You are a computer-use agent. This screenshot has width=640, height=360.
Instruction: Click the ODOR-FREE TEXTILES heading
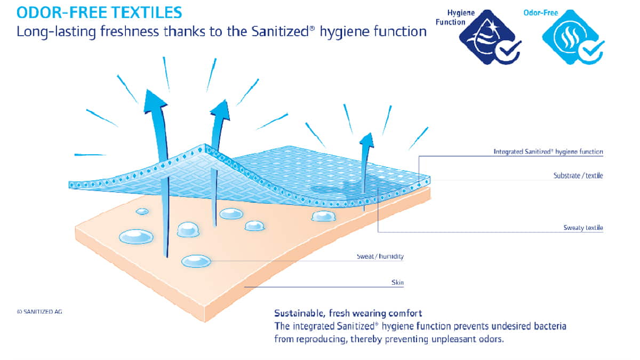pos(99,13)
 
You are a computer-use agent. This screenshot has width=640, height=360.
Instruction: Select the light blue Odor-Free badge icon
pos(573,37)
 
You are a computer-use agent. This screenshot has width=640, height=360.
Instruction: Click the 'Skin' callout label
pos(397,283)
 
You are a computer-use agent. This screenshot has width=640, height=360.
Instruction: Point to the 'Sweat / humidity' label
pos(380,257)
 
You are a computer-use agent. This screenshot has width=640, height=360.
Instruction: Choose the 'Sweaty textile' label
pos(583,228)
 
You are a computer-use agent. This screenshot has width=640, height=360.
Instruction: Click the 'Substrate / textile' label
pos(578,175)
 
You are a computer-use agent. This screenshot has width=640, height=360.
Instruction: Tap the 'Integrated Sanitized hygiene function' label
pos(548,151)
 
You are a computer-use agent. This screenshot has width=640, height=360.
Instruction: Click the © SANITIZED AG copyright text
pos(39,311)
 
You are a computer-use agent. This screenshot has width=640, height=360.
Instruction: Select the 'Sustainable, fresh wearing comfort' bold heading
pos(348,313)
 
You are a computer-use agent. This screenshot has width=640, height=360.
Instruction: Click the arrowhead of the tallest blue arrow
pos(155,101)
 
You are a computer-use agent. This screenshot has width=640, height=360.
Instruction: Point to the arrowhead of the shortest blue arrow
pos(367,140)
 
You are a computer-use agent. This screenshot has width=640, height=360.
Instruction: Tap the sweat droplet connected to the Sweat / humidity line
pos(196,261)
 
